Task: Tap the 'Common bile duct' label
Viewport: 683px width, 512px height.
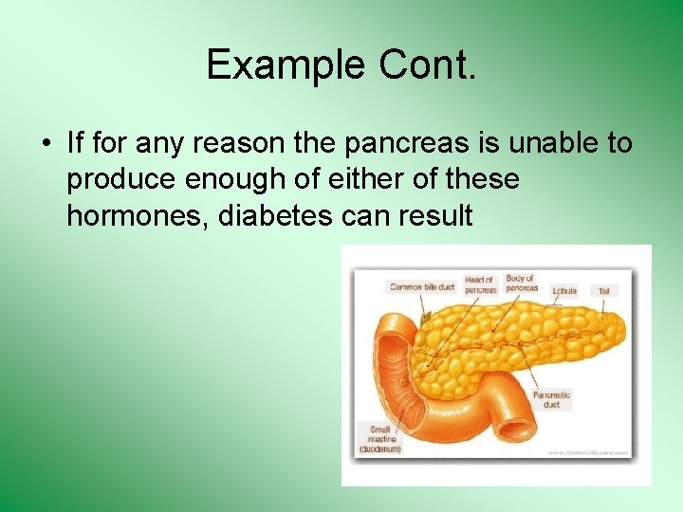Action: pos(422,287)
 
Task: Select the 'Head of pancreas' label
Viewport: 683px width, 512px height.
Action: pos(480,284)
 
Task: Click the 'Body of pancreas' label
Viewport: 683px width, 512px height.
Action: pos(521,283)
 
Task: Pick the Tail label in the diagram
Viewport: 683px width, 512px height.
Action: pos(603,291)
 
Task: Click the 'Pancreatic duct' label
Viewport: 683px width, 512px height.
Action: pos(552,399)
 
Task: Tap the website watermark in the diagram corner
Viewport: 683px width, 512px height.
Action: pos(588,453)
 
